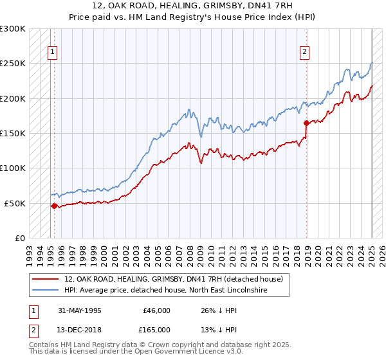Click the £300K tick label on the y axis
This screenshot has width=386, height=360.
pyautogui.click(x=13, y=29)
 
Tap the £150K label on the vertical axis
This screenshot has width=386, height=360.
pyautogui.click(x=13, y=133)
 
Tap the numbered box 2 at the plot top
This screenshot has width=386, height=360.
pyautogui.click(x=304, y=53)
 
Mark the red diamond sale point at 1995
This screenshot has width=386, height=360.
pyautogui.click(x=54, y=206)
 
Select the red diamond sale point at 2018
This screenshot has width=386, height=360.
pyautogui.click(x=306, y=123)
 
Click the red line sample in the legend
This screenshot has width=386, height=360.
pyautogui.click(x=45, y=279)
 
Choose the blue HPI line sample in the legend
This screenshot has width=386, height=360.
pyautogui.click(x=45, y=291)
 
